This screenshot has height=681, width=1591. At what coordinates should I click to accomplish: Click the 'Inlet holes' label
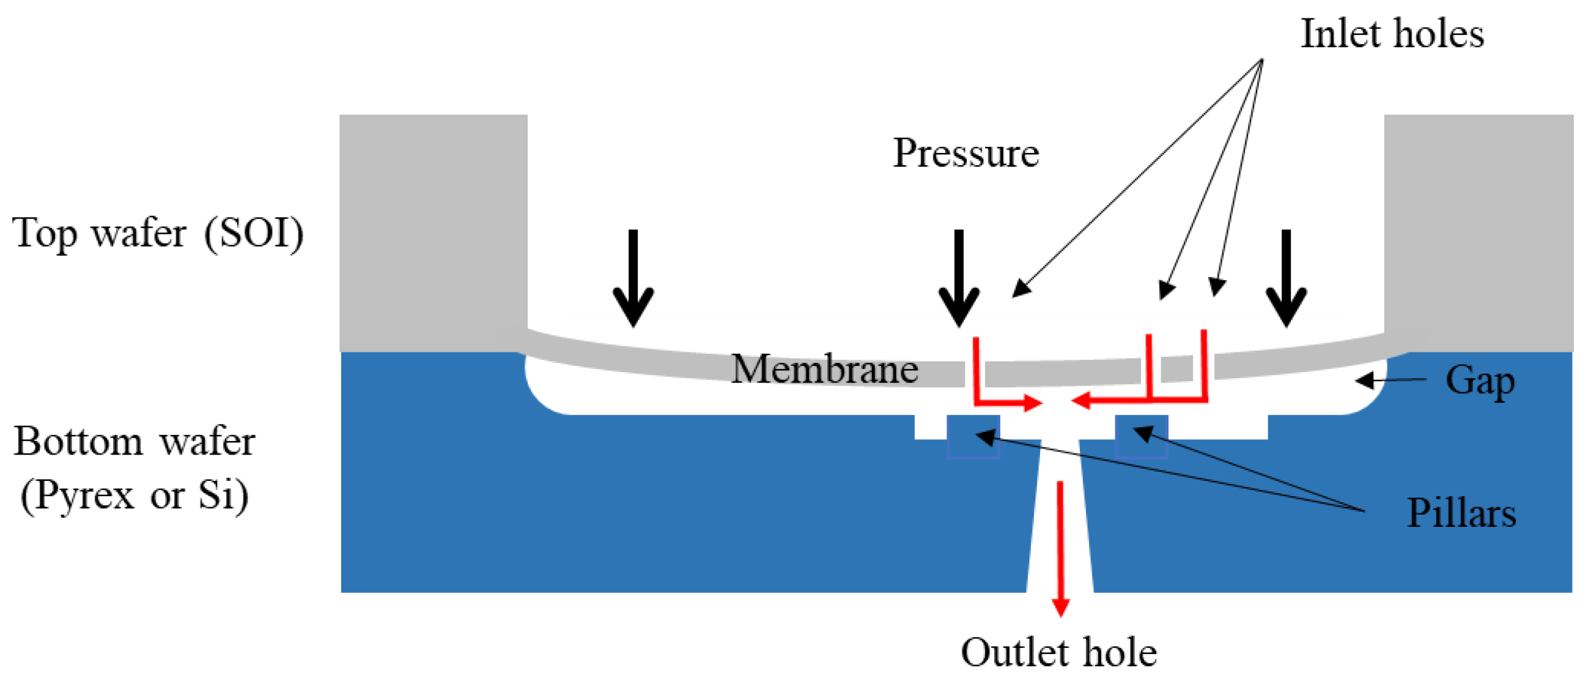[1392, 34]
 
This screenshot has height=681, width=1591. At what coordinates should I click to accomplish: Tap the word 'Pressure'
[966, 152]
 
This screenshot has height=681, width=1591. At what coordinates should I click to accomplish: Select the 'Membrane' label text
[824, 370]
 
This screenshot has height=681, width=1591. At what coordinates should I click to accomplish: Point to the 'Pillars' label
[1461, 513]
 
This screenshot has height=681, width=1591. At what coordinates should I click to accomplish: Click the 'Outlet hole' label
[1058, 653]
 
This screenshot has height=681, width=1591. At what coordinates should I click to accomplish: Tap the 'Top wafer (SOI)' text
[158, 234]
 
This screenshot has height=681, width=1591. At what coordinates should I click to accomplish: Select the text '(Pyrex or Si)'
[135, 495]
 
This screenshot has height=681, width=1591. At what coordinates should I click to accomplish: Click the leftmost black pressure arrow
[633, 278]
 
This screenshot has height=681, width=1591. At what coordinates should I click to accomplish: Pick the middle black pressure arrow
[959, 278]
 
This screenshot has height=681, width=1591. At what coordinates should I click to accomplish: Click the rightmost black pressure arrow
[1286, 278]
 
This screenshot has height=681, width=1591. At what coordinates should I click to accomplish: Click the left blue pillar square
[973, 436]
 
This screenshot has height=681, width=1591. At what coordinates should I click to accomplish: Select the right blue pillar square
[1142, 436]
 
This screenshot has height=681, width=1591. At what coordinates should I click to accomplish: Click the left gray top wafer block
[432, 229]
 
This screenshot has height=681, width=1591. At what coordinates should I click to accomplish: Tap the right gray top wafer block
[1478, 229]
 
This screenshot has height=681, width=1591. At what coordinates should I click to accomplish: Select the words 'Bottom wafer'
[135, 442]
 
